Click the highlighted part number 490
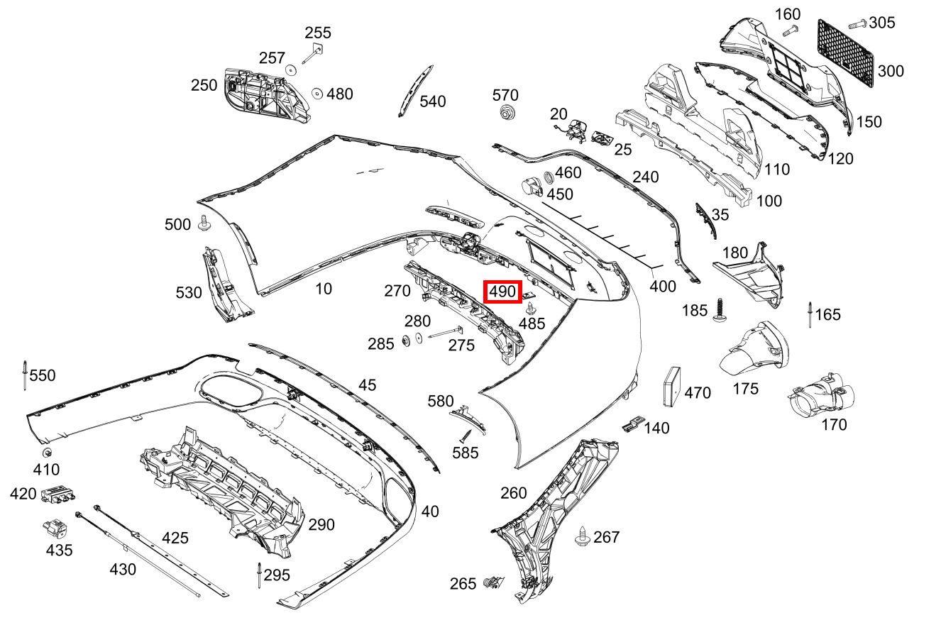503,291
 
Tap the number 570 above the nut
505,95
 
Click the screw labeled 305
857,23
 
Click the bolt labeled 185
721,310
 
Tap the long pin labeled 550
25,375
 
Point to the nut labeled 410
47,453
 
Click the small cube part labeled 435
55,529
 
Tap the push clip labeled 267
583,536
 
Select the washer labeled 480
317,94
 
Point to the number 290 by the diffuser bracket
321,525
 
